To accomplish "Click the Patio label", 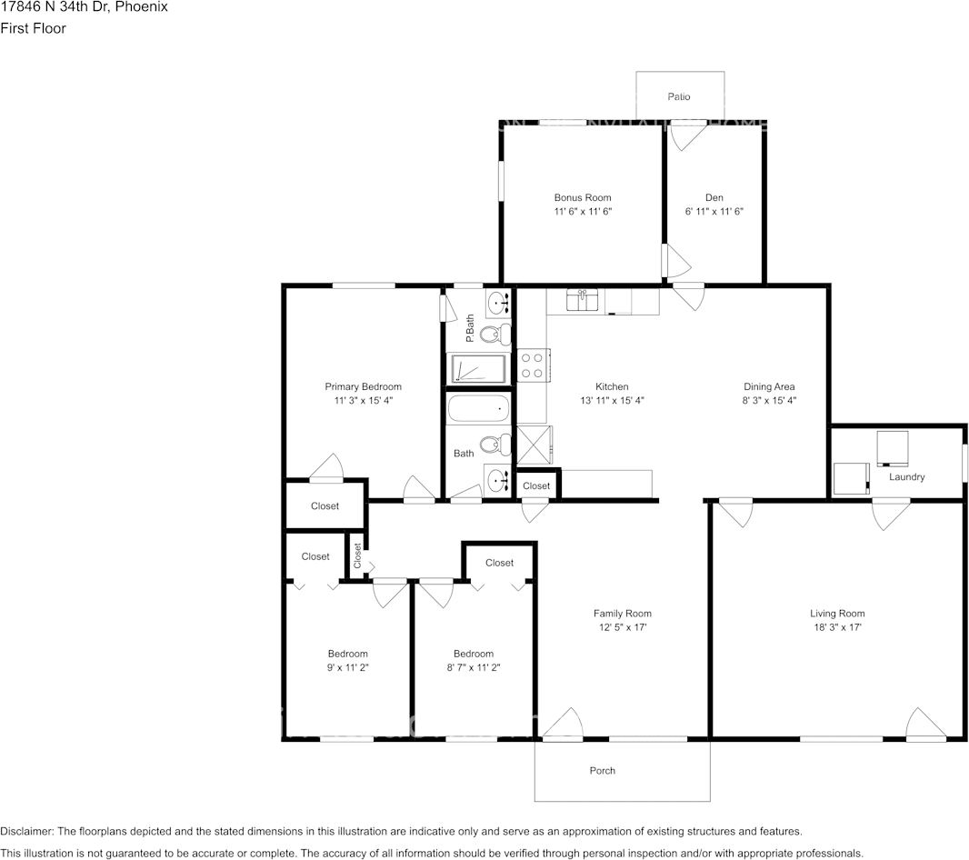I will pyautogui.click(x=679, y=96).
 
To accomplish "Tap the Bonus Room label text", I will pyautogui.click(x=583, y=197).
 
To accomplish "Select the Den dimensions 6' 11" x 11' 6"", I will pyautogui.click(x=714, y=211).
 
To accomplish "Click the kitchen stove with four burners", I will pyautogui.click(x=531, y=365).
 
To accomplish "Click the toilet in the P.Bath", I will pyautogui.click(x=494, y=335).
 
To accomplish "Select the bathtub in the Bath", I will pyautogui.click(x=476, y=410).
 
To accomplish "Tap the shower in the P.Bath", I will pyautogui.click(x=478, y=368).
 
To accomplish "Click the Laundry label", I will pyautogui.click(x=906, y=477).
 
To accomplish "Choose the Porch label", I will pyautogui.click(x=602, y=771).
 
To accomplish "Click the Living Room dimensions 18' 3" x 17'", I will pyautogui.click(x=837, y=627).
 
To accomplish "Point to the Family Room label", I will pyautogui.click(x=623, y=614).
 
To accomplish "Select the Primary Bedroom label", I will pyautogui.click(x=364, y=386).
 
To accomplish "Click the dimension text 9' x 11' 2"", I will pyautogui.click(x=348, y=667).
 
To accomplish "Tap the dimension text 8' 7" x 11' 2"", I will pyautogui.click(x=474, y=667).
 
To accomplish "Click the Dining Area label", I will pyautogui.click(x=769, y=386).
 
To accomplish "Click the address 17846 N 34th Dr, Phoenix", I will pyautogui.click(x=84, y=7).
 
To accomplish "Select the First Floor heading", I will pyautogui.click(x=33, y=28).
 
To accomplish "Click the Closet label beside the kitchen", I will pyautogui.click(x=536, y=486).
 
